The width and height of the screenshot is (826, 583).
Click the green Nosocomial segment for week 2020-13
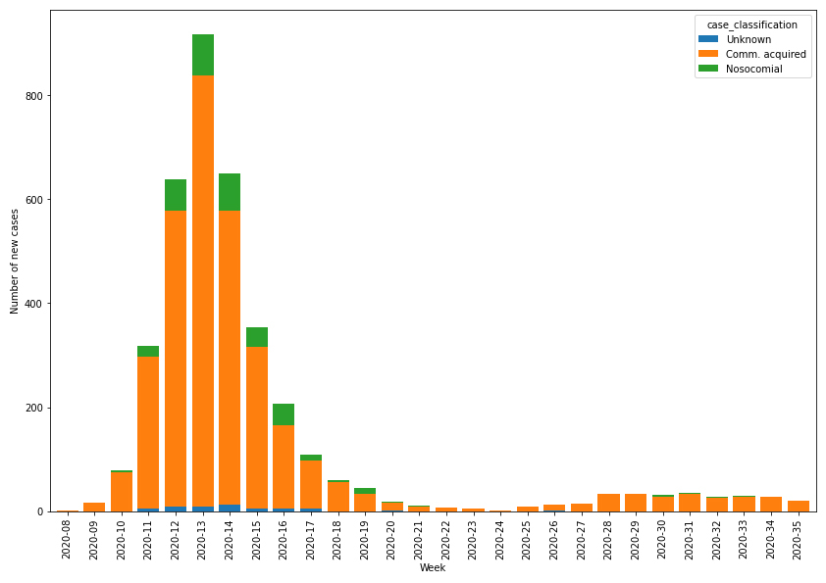[x=203, y=55]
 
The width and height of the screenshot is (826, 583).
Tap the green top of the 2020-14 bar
[x=230, y=192]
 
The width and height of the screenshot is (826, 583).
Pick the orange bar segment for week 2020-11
[x=148, y=431]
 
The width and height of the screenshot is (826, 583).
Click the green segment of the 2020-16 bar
[x=284, y=414]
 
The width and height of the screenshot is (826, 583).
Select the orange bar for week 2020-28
[x=608, y=503]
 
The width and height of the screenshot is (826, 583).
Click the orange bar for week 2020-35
[x=799, y=506]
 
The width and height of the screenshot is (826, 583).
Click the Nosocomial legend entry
[x=753, y=69]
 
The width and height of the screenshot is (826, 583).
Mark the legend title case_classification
[x=752, y=24]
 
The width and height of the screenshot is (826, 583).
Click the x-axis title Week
[x=433, y=568]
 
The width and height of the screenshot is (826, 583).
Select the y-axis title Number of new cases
[x=15, y=261]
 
